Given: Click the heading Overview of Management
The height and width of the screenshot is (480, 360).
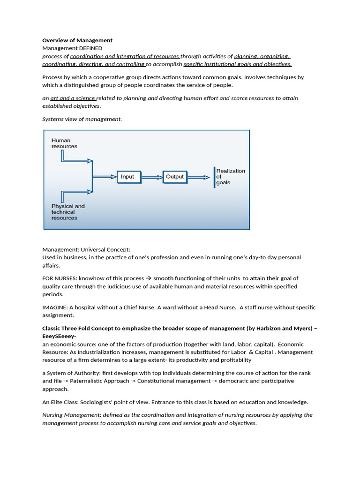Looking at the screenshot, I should pos(77,40).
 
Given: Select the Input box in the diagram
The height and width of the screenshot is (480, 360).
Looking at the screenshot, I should pos(127,177).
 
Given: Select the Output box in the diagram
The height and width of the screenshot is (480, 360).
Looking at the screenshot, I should pos(175,177).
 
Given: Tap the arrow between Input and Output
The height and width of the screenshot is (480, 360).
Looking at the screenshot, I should pos(151,177).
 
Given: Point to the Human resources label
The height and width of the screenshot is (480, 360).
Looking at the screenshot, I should pos(64,143).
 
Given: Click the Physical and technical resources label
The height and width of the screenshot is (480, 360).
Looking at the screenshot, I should pos(68,212).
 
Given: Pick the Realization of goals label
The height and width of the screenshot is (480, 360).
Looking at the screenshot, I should pos(230,177).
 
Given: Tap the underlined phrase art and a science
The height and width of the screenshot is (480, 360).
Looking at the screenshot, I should pos(73,98).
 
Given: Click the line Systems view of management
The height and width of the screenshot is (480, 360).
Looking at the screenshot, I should pos(82,119).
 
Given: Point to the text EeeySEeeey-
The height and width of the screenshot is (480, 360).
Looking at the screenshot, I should pos(59,336).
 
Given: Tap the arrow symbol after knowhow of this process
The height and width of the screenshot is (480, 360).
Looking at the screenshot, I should pos(147,278).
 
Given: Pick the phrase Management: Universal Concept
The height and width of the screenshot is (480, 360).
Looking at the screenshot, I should pos(86,249).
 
